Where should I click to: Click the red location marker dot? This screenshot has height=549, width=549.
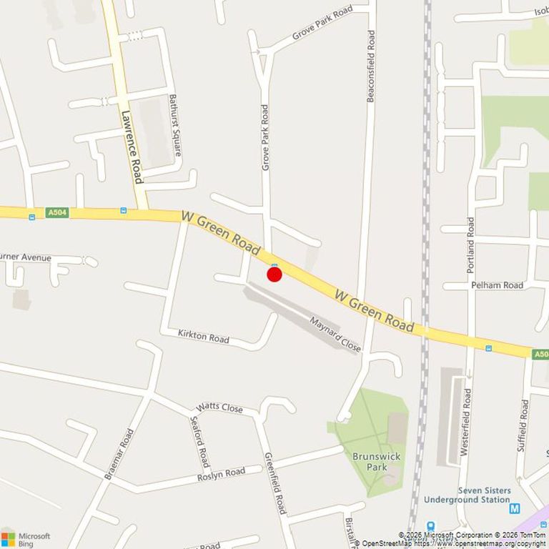(x=274, y=274)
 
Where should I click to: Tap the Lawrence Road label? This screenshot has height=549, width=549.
(x=133, y=147)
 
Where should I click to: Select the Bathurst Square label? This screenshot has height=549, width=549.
(x=174, y=126)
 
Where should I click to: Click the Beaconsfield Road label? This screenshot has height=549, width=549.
(x=370, y=66)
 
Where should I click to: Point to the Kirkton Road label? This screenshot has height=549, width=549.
(x=204, y=335)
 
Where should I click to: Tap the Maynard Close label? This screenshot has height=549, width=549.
(x=335, y=334)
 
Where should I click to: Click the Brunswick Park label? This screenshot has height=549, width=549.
(x=377, y=462)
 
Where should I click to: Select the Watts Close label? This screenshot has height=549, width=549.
(x=219, y=408)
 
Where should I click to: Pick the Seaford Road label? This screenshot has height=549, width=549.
(x=201, y=440)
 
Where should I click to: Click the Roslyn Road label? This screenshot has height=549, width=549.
(x=221, y=473)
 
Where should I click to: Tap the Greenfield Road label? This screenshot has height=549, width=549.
(x=275, y=483)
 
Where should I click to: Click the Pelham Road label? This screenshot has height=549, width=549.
(x=497, y=285)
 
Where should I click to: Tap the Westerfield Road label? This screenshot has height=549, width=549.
(x=467, y=422)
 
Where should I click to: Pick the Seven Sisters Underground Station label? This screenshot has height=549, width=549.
(x=468, y=495)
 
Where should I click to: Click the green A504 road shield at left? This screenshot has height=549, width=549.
(x=57, y=212)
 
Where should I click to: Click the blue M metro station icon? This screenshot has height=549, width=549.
(x=515, y=509)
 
